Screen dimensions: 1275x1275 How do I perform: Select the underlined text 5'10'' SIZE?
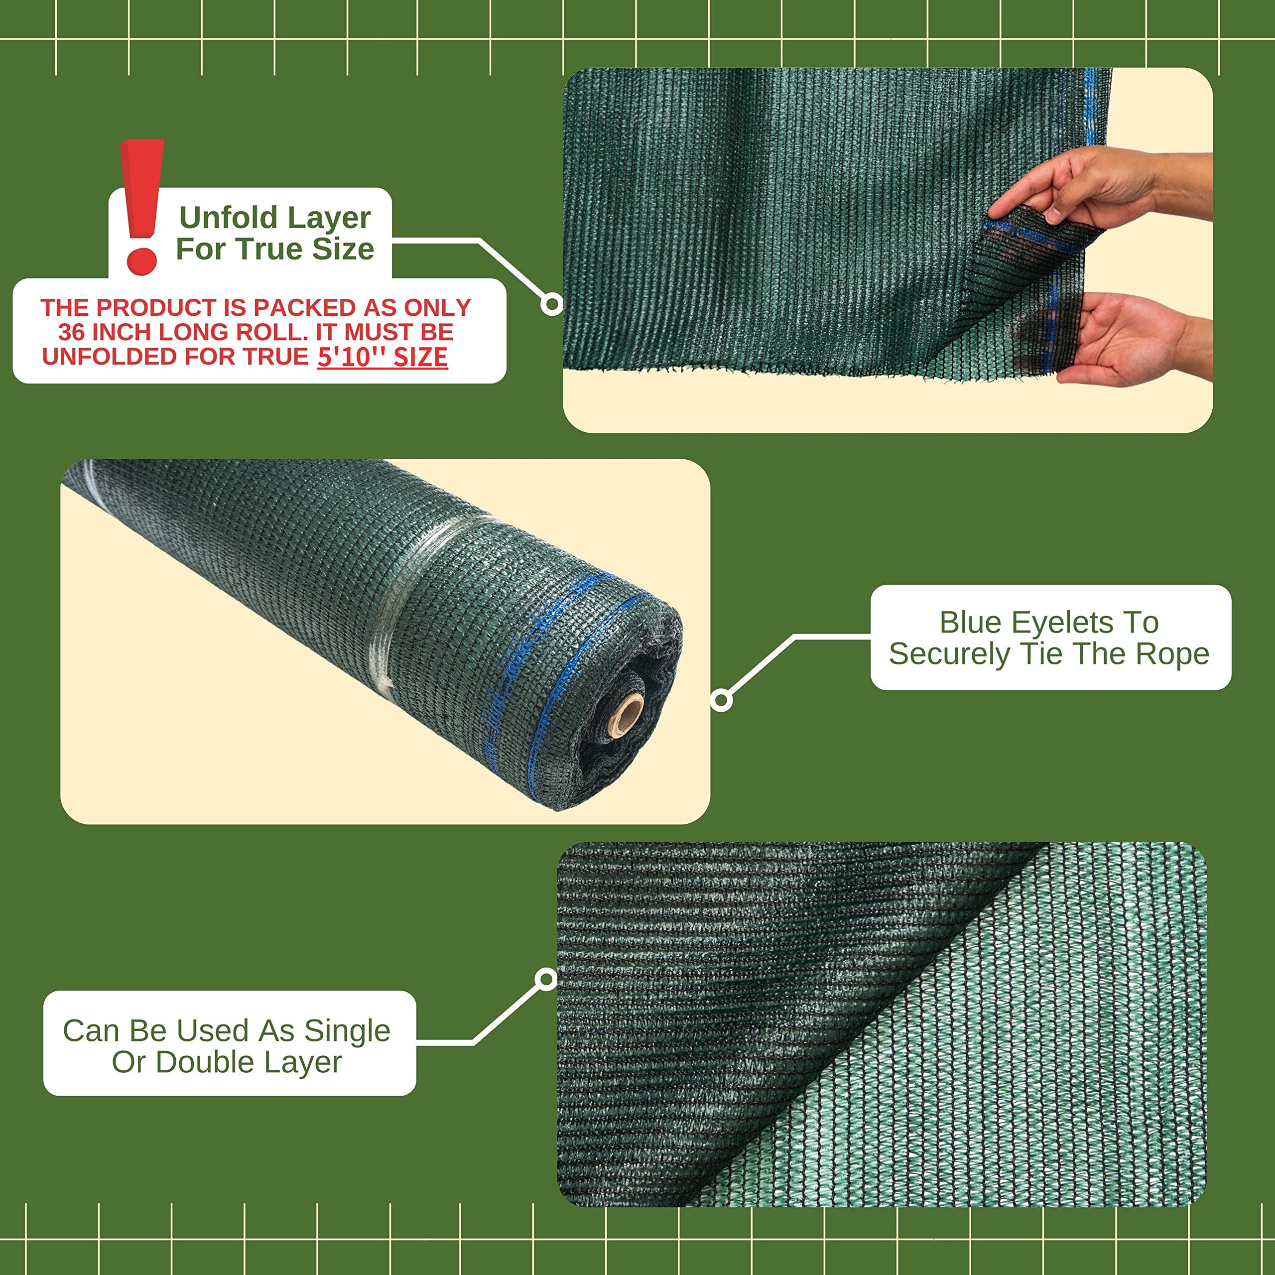click(383, 357)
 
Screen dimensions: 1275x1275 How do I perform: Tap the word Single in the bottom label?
click(347, 1031)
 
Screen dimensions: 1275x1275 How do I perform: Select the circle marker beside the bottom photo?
click(546, 979)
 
